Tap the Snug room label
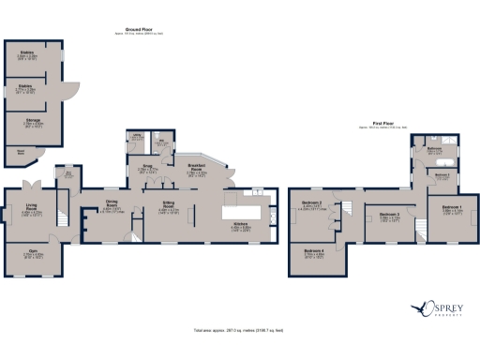[147, 169]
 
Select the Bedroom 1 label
[453, 209]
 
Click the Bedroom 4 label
[314, 250]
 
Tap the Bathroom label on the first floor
[435, 148]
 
